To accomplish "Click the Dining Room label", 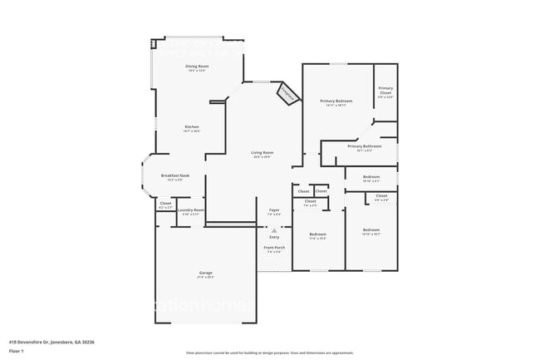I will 197,67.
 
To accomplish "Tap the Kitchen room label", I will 192,127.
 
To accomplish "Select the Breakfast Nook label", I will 175,175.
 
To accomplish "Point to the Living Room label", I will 263,153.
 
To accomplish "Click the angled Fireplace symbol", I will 287,95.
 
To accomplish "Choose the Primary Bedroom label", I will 337,101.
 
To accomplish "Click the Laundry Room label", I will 191,210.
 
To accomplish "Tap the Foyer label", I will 274,210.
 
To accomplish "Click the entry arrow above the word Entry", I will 274,229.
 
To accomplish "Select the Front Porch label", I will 274,248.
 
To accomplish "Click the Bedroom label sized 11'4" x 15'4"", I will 317,234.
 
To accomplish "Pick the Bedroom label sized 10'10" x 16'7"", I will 371,229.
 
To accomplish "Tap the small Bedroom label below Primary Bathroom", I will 371,176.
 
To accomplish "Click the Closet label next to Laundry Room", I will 165,203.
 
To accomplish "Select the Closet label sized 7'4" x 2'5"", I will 310,201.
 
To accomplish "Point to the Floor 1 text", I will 17,350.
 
